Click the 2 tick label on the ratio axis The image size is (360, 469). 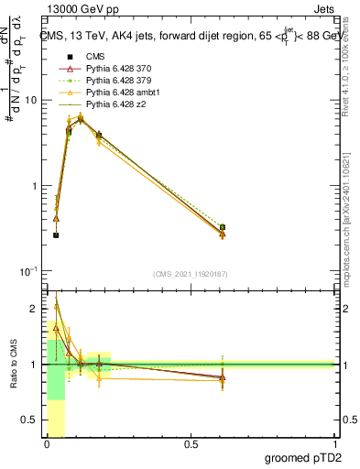(x=36, y=308)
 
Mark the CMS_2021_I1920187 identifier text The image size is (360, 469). (x=190, y=273)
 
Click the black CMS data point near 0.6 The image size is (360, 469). (x=223, y=227)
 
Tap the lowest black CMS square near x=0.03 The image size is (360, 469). (x=56, y=235)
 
